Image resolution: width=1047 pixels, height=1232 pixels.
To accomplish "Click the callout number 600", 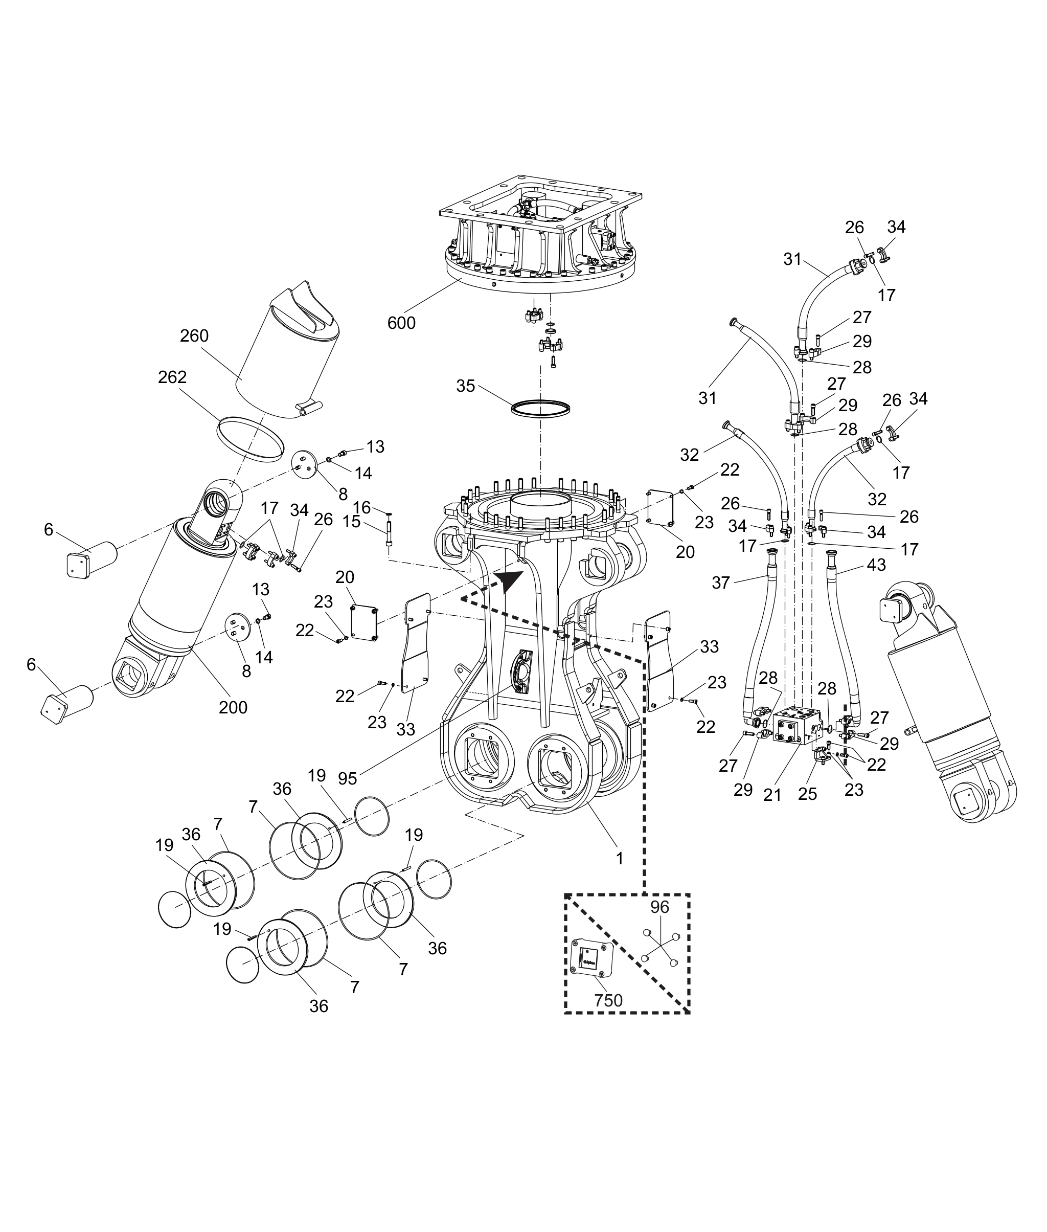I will (401, 324).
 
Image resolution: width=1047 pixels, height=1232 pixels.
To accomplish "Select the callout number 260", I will (194, 336).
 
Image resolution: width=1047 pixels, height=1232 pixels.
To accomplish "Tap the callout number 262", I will (172, 377).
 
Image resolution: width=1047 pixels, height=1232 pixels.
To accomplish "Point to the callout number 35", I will (465, 387).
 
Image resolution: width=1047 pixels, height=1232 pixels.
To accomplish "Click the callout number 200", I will (233, 707).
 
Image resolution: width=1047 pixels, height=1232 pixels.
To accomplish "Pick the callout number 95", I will (347, 778).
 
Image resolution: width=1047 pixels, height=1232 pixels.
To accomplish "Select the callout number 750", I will (608, 1001).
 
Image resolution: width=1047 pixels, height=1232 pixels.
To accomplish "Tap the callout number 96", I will (659, 924).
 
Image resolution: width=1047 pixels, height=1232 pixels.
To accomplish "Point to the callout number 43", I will (876, 565).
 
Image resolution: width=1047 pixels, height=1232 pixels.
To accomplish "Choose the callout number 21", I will (772, 794).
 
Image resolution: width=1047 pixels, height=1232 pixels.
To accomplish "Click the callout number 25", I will (807, 794).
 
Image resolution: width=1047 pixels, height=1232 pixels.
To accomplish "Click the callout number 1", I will (619, 859).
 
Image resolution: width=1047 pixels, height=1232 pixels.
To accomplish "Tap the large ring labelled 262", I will (250, 438).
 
